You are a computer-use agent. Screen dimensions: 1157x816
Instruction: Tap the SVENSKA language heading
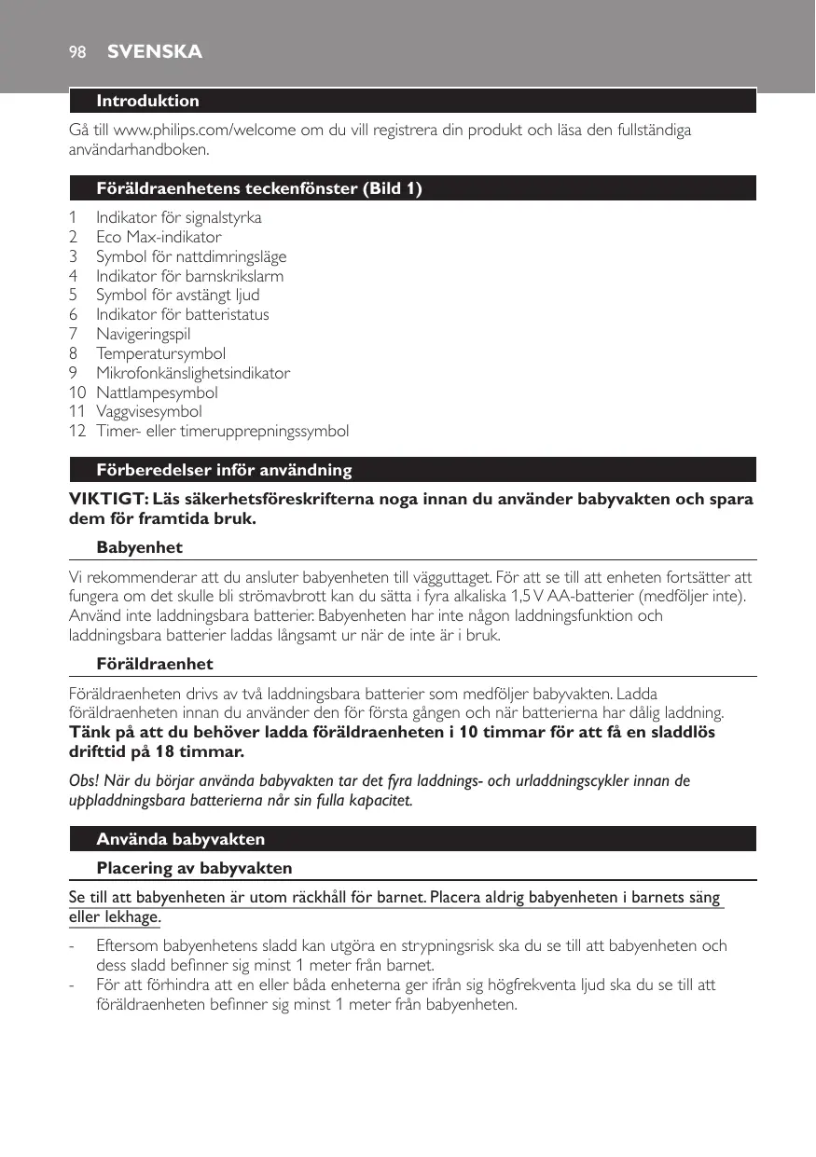(155, 52)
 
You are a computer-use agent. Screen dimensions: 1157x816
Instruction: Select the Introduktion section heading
(147, 101)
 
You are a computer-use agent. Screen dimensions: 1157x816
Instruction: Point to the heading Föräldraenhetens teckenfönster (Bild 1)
(259, 188)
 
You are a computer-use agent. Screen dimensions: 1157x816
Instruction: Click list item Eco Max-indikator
(159, 237)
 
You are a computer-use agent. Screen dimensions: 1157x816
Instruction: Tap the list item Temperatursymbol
(160, 353)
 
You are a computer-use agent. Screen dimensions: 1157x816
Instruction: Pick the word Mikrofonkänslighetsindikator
(193, 373)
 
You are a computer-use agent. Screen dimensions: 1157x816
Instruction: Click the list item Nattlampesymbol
(157, 393)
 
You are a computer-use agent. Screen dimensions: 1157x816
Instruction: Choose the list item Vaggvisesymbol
(149, 411)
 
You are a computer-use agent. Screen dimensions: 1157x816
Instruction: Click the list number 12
(77, 431)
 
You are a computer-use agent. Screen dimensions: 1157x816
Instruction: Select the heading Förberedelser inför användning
(224, 469)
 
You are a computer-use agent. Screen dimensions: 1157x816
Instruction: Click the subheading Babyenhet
(139, 547)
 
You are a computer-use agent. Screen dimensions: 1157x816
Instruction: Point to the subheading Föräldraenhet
(155, 664)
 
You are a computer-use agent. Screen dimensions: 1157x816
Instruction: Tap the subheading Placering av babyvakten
(194, 868)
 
